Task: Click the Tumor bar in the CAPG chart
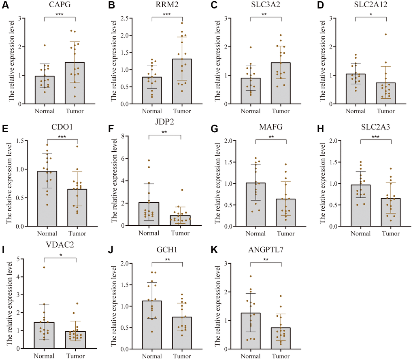75,83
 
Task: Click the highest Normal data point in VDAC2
44,267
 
